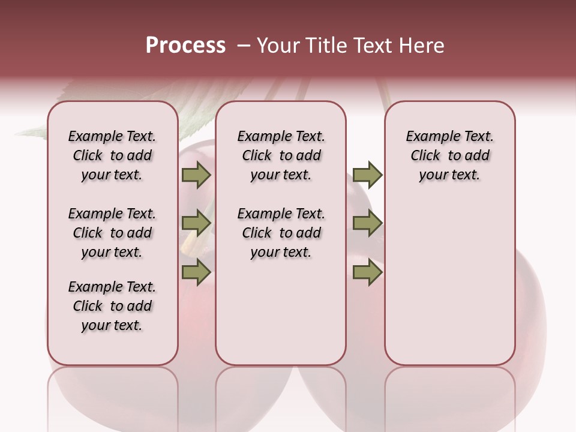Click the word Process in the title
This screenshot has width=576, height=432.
point(185,46)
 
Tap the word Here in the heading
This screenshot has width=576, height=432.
point(422,46)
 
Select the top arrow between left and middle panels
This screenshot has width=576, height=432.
point(196,175)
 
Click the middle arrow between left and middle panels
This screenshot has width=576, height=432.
point(196,224)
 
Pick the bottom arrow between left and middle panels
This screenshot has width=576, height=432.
point(196,273)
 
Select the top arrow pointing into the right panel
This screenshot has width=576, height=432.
point(367,175)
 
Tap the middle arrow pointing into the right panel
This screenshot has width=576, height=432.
point(367,224)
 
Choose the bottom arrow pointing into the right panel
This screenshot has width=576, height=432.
point(367,273)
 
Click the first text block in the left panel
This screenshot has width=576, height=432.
point(112,156)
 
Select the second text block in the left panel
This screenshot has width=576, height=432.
point(112,233)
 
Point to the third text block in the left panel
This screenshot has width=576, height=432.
point(112,306)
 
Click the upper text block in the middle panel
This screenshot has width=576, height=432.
point(281,156)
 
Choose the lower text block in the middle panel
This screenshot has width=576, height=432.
point(281,233)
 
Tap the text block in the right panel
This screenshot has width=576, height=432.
point(449,156)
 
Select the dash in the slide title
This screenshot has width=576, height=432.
point(244,46)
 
